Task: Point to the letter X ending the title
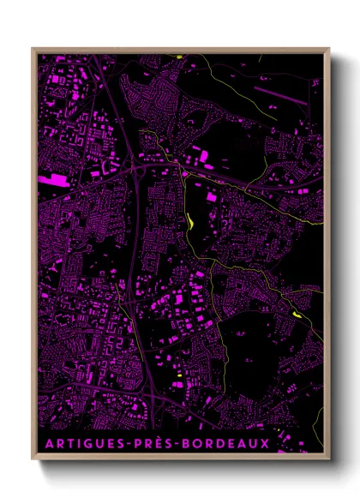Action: [266, 444]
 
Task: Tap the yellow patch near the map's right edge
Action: [297, 315]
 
